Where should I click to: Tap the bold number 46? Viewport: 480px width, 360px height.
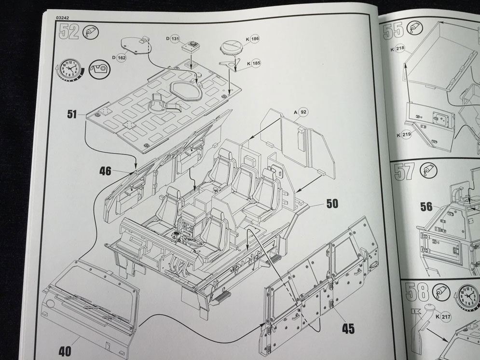(x=106, y=170)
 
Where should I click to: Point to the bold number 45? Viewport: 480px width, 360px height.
(x=348, y=329)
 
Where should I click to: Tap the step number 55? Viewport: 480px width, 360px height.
(x=393, y=32)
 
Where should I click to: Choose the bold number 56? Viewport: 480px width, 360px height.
(x=426, y=207)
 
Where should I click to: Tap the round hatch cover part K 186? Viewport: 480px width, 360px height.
(x=231, y=48)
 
